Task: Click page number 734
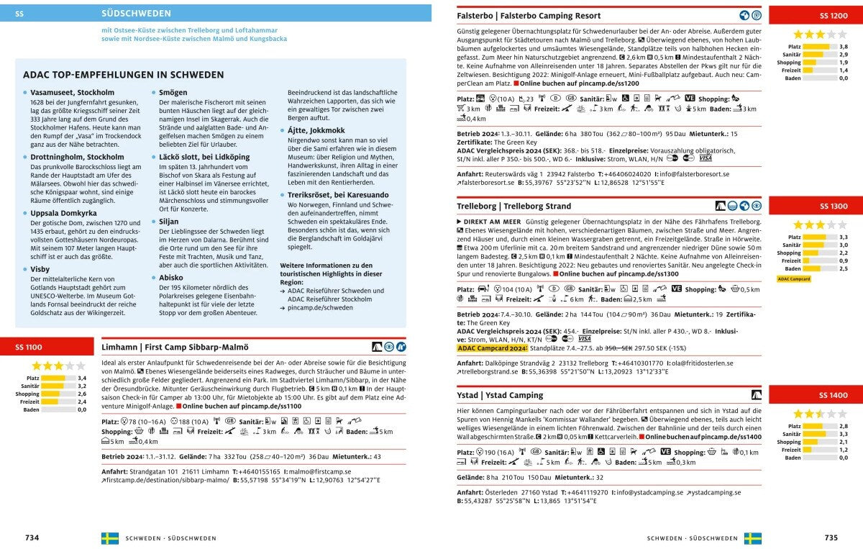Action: tap(32, 538)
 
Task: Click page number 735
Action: tap(831, 538)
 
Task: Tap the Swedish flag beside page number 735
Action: tap(753, 538)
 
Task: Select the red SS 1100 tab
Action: tap(29, 348)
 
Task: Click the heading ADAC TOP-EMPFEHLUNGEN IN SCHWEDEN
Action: tap(123, 75)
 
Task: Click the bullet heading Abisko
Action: tap(170, 277)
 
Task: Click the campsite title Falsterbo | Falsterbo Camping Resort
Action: tap(529, 16)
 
